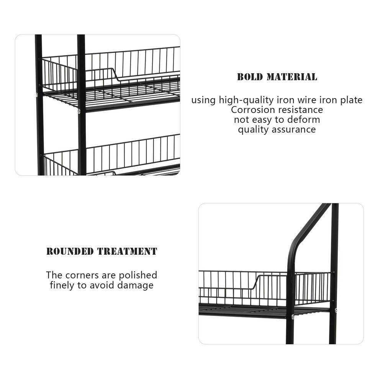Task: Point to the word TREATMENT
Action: pyautogui.click(x=127, y=252)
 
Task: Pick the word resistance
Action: pyautogui.click(x=301, y=110)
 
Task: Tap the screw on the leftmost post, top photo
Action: pyautogui.click(x=37, y=94)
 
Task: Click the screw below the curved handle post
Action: pyautogui.click(x=292, y=316)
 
